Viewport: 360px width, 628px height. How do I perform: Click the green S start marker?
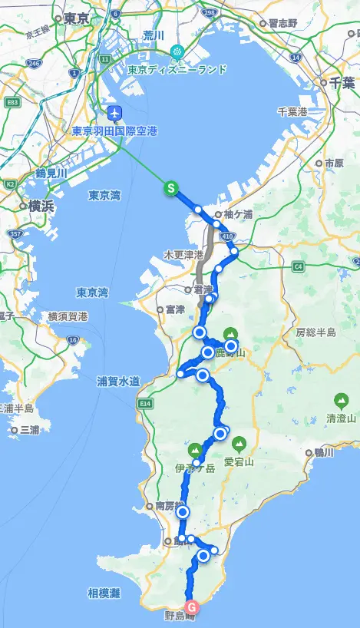[171, 187]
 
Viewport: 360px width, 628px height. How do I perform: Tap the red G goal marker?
[192, 605]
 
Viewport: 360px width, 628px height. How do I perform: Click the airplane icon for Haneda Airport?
[116, 112]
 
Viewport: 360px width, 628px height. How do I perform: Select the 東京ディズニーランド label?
[177, 69]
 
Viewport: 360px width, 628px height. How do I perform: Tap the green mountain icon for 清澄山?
[340, 400]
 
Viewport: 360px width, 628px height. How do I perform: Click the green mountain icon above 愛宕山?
[239, 443]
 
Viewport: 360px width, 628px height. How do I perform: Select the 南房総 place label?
[170, 507]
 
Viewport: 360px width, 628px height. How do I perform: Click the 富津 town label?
[175, 309]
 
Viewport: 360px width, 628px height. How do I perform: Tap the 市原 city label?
[332, 164]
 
